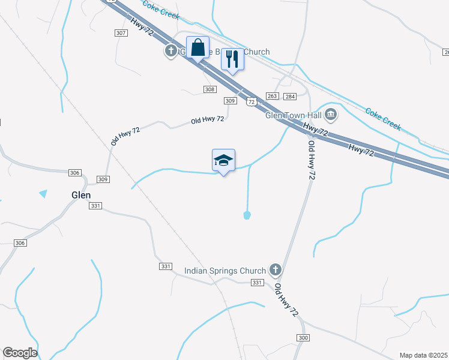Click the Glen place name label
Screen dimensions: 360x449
coord(80,195)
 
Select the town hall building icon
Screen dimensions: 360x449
coord(331,113)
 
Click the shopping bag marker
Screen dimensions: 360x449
coord(197,47)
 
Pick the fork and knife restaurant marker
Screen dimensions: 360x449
coord(232,59)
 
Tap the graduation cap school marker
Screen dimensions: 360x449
coord(223,160)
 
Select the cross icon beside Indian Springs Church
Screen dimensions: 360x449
coord(276,270)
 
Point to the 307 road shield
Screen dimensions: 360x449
coord(121,33)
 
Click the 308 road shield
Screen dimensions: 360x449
coord(209,89)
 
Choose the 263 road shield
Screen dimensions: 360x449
coord(272,96)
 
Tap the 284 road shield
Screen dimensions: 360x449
coord(290,96)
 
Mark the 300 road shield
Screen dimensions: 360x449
coord(303,338)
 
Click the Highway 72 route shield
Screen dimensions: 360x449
coord(251,103)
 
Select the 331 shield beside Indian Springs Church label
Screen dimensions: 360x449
coord(257,283)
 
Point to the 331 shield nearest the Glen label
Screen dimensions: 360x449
coord(95,206)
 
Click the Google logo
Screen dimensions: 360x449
coord(20,353)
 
